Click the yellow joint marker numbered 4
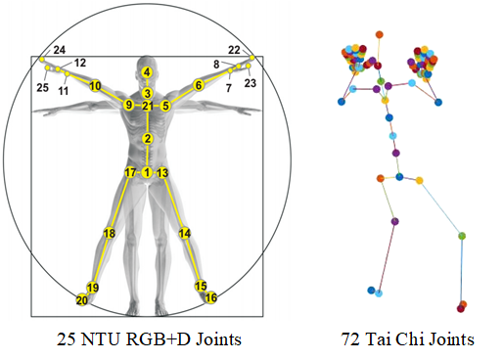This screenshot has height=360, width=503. (147, 72)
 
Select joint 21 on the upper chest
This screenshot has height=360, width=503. (147, 106)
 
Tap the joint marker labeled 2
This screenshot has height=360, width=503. (147, 139)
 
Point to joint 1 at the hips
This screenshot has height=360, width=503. (147, 172)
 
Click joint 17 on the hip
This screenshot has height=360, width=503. (130, 172)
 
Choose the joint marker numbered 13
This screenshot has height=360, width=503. (163, 172)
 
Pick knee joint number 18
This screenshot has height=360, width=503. (109, 234)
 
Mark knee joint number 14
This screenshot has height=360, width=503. (184, 234)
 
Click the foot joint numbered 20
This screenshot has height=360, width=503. (82, 299)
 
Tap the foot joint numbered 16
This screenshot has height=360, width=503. (211, 297)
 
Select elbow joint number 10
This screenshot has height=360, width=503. (95, 86)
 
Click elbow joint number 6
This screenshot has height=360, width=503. (199, 86)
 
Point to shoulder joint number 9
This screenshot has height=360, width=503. (128, 105)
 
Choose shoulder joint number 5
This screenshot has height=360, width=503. (166, 105)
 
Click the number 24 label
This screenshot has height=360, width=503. (60, 49)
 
